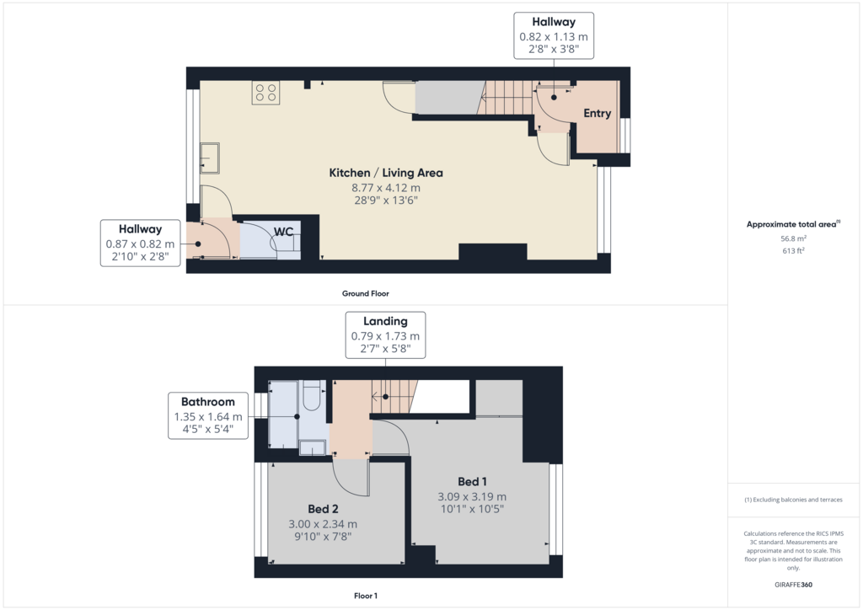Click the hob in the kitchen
click(265, 93)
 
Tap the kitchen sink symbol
click(210, 158)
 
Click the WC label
click(283, 232)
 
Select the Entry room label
click(598, 113)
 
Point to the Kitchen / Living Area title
click(386, 173)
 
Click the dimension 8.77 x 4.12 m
click(386, 188)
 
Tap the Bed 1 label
click(472, 482)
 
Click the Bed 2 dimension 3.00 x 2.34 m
click(323, 524)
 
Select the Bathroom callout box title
click(208, 402)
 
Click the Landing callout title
click(385, 321)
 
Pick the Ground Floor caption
click(366, 294)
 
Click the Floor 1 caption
click(366, 596)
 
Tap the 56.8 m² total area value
click(793, 238)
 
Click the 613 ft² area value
click(793, 251)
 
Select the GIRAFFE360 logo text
click(793, 585)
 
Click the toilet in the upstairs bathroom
click(312, 395)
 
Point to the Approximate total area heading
click(793, 224)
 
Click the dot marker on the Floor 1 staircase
click(386, 397)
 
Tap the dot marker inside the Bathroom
click(297, 417)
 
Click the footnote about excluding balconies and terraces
click(793, 500)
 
